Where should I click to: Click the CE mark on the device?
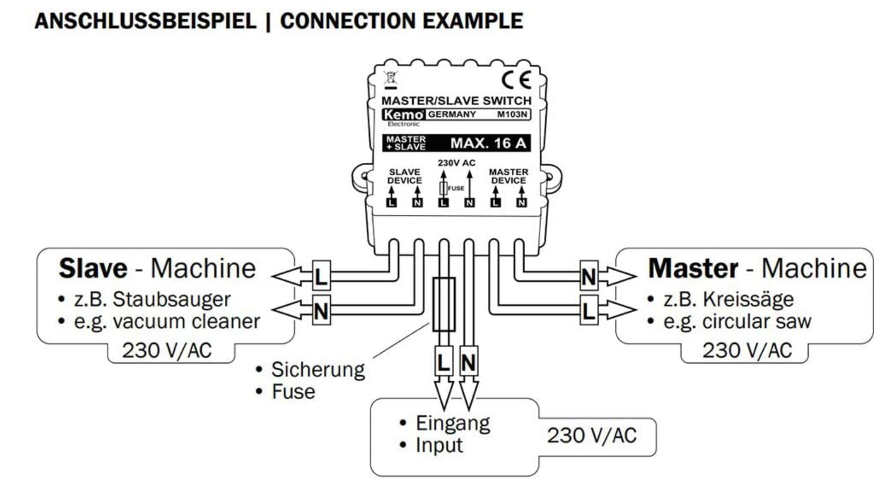coord(516,80)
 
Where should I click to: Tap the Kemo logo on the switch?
coord(403,114)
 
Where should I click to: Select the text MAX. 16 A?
coord(488,143)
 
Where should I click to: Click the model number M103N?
coord(512,114)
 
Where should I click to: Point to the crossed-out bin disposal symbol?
coord(390,80)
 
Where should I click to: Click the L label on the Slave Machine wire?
coord(321,277)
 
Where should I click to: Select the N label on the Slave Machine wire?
coord(321,311)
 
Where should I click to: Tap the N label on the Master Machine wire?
coord(589,277)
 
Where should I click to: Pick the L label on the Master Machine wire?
coord(589,310)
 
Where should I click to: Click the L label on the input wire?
coord(443,362)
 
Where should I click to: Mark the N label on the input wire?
coord(468,362)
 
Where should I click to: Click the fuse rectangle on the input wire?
coord(443,305)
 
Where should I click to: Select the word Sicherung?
coord(318,370)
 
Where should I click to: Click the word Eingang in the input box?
coord(452,423)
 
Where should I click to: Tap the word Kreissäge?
coord(748,300)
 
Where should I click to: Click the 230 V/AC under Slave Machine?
coord(167,350)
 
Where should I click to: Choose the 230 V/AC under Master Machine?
coord(747,350)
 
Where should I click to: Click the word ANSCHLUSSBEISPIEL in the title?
coord(145,21)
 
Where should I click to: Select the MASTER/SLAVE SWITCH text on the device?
coord(456,101)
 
